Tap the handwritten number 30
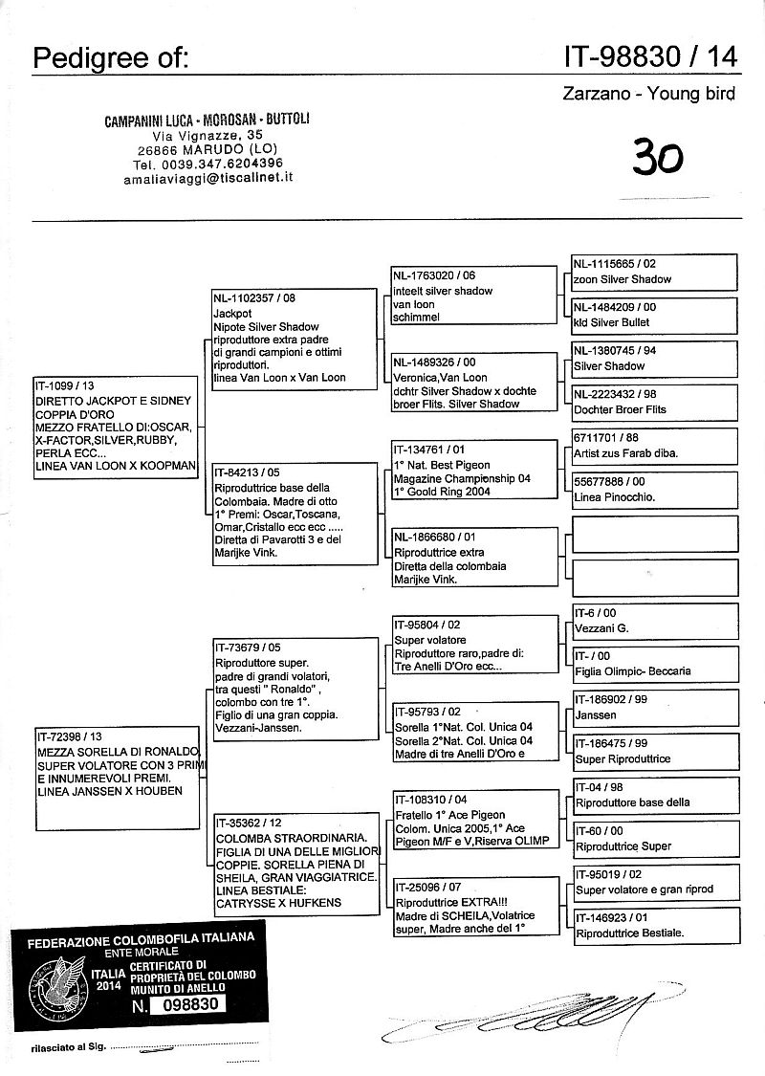[658, 154]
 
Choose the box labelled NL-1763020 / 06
[473, 296]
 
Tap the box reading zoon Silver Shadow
[654, 271]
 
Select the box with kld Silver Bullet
[654, 315]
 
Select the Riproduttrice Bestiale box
[654, 925]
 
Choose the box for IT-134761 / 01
[473, 470]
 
